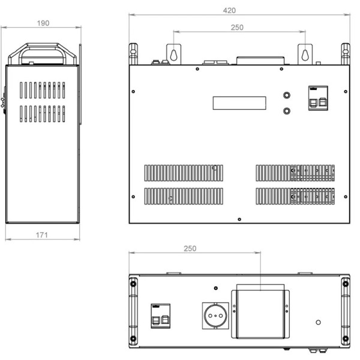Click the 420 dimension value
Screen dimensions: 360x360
pyautogui.click(x=229, y=11)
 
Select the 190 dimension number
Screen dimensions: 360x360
pyautogui.click(x=43, y=23)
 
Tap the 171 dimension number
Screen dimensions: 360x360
pyautogui.click(x=42, y=235)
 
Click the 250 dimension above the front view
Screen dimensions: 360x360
pyautogui.click(x=237, y=28)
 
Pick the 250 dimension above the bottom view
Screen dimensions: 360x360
pyautogui.click(x=190, y=248)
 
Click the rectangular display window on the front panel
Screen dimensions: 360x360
pyautogui.click(x=239, y=103)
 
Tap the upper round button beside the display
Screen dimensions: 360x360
pyautogui.click(x=287, y=95)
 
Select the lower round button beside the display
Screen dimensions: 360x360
pyautogui.click(x=287, y=111)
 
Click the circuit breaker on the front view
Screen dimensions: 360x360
pyautogui.click(x=318, y=98)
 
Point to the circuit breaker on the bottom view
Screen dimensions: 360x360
pyautogui.click(x=160, y=316)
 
